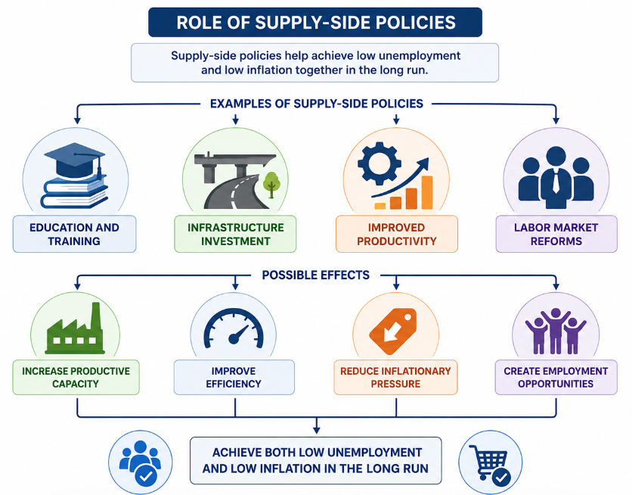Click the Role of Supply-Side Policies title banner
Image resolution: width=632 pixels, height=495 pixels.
[315, 22]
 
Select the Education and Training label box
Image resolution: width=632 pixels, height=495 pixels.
[75, 234]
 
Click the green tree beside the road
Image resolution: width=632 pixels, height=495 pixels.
[271, 185]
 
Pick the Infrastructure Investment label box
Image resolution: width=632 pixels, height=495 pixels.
[235, 234]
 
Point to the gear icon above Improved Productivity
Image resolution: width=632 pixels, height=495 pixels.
[380, 163]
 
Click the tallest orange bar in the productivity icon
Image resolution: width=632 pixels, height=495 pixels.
[427, 192]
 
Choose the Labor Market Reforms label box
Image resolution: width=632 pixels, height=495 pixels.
[556, 234]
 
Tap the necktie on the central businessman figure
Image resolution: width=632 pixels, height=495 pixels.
[556, 181]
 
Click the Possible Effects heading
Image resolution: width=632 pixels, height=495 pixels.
[315, 276]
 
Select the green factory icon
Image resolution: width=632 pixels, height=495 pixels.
[75, 328]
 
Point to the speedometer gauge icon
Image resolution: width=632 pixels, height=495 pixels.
[234, 328]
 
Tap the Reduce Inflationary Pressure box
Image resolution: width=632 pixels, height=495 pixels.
[395, 377]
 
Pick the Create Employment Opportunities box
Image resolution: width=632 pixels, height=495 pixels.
[556, 377]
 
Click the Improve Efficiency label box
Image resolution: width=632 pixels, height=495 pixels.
[234, 377]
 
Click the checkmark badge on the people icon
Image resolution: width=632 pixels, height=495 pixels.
[146, 476]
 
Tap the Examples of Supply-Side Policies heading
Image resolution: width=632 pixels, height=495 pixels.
[317, 104]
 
